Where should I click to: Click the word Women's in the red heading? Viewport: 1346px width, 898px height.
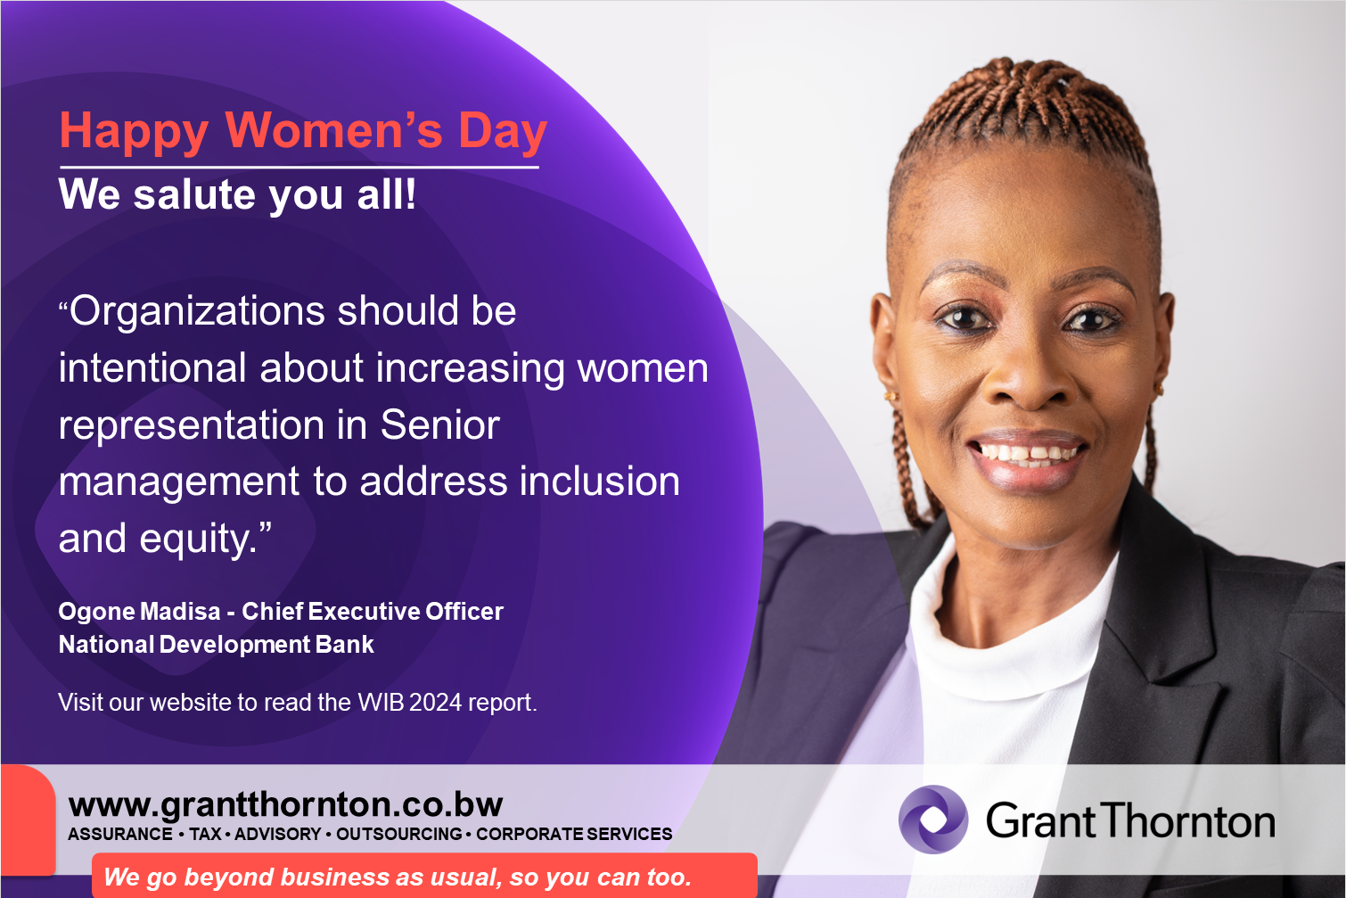point(333,130)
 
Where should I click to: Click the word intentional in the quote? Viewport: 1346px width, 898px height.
point(152,368)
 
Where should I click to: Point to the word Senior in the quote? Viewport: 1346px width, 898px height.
point(439,425)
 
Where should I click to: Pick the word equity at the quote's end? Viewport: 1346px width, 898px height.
point(198,540)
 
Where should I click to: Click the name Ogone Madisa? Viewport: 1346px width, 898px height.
point(139,611)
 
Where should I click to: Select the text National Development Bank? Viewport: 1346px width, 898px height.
point(217,645)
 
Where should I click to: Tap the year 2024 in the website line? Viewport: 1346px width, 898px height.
point(436,702)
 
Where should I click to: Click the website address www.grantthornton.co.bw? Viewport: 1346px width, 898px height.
point(285,804)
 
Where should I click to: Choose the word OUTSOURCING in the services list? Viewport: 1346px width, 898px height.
point(399,834)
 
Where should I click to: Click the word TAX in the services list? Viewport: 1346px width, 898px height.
point(206,834)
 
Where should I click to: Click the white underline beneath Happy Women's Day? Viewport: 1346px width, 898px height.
point(300,167)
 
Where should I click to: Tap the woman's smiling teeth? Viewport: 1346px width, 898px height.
point(1028,453)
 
